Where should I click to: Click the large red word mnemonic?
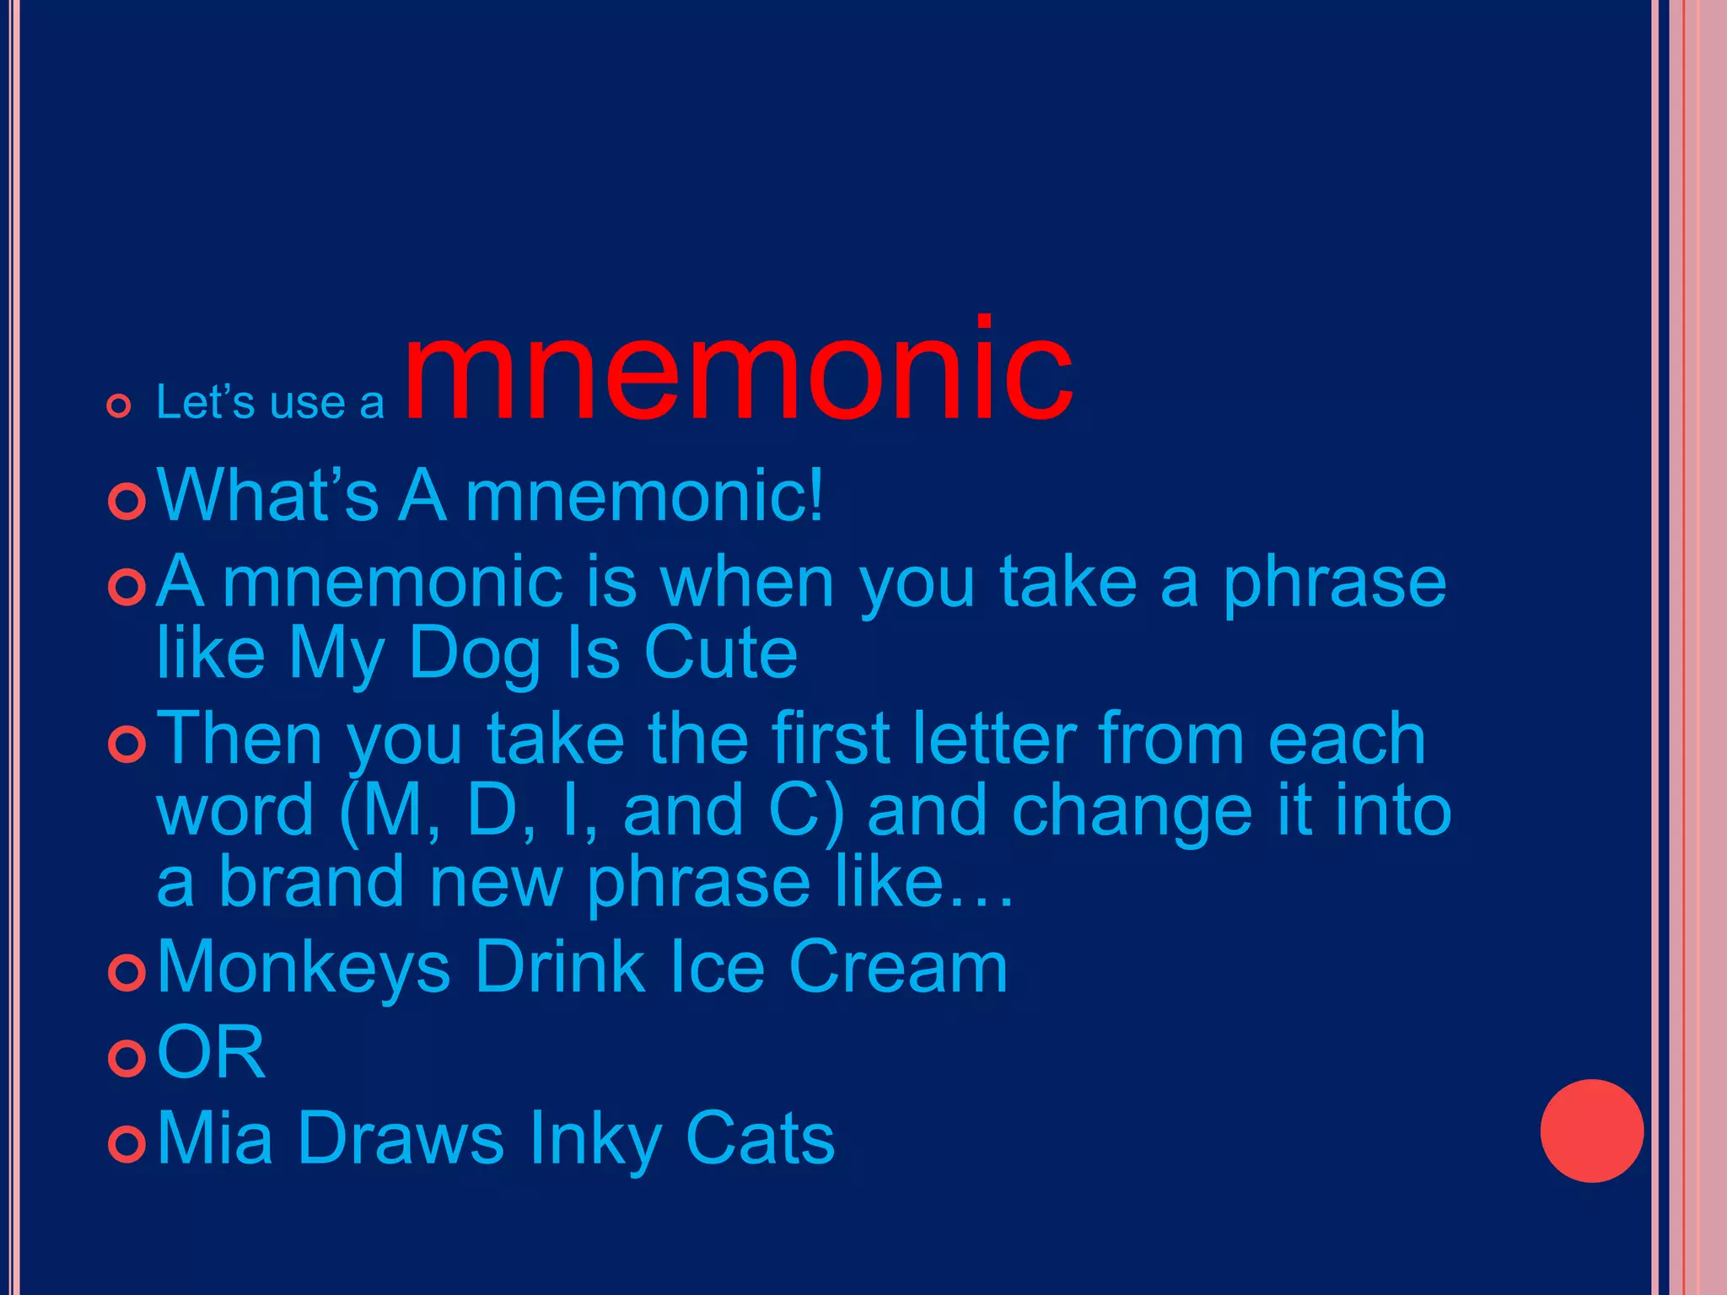(x=738, y=371)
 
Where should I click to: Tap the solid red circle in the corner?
(x=1591, y=1131)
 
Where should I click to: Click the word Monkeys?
(x=304, y=968)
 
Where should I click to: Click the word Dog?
(x=474, y=654)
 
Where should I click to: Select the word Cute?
(x=720, y=653)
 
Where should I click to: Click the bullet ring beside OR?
(x=127, y=1057)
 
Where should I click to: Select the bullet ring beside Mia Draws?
(x=127, y=1143)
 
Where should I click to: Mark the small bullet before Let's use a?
(x=119, y=406)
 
